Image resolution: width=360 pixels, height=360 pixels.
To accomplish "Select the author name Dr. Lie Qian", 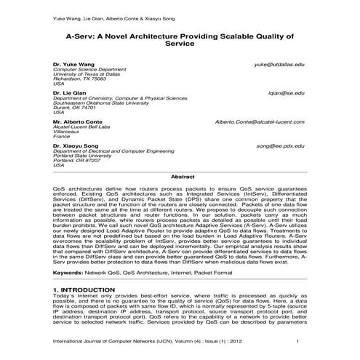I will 68,93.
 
